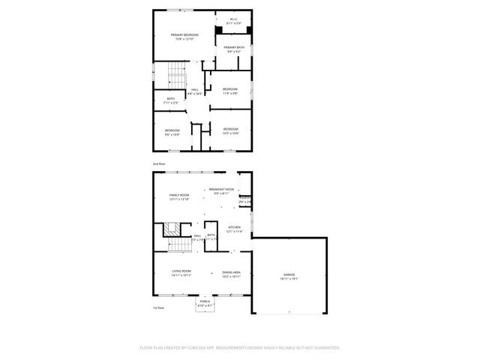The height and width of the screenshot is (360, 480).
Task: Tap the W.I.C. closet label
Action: point(234,21)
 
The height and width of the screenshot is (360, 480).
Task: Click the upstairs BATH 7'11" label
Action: point(171,101)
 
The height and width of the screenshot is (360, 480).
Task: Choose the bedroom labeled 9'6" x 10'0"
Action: point(172,132)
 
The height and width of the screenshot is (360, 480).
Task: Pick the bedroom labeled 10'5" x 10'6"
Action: point(230,131)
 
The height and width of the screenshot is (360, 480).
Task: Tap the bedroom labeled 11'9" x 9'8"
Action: point(230,91)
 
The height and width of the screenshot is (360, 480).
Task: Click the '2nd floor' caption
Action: point(158,163)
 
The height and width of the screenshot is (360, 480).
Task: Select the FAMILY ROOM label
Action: point(179,196)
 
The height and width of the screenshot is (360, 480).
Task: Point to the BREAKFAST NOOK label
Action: point(221,190)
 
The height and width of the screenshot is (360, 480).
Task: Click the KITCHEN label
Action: point(234,228)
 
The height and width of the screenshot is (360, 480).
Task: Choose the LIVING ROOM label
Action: point(181,272)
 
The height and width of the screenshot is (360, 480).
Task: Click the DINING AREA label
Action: point(231,274)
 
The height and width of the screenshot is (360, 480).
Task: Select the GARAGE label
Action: point(289,276)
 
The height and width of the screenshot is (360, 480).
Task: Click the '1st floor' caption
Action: point(158,307)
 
